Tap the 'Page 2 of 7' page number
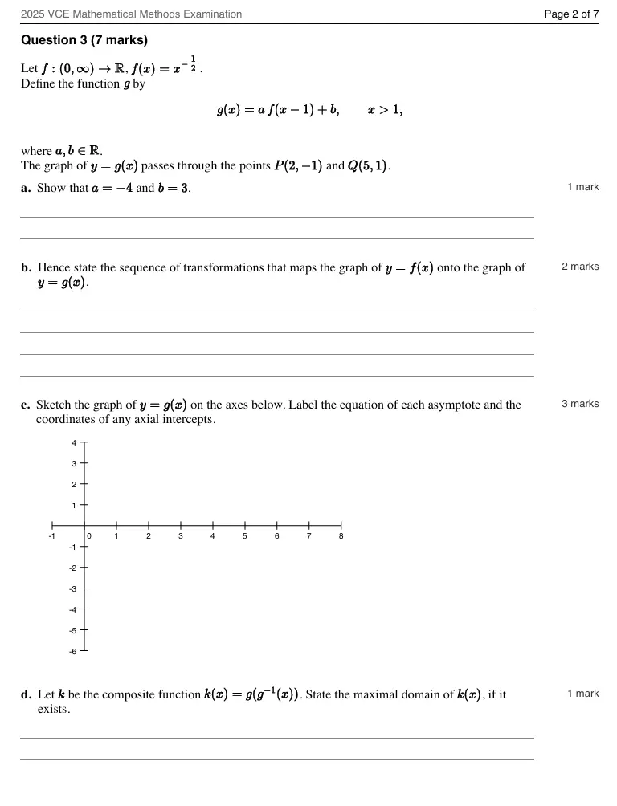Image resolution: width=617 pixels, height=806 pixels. coord(571,14)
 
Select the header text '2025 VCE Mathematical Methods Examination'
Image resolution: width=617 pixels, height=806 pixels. coord(131,14)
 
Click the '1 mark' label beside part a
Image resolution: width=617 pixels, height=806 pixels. coord(582,187)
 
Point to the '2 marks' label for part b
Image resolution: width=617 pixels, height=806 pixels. coord(580,267)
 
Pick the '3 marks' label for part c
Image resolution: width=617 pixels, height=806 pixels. coord(580,404)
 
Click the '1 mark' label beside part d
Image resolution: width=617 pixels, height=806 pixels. coord(582,694)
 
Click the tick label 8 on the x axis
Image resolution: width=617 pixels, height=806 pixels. coord(341,535)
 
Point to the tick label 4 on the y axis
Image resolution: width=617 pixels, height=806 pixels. coord(73,443)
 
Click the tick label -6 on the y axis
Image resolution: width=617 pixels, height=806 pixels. coord(72,652)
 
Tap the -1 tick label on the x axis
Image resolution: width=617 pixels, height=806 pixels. coord(52,535)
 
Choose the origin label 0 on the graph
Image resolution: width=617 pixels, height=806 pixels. coord(89,535)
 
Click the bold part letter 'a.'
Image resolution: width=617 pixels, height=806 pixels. coord(27,188)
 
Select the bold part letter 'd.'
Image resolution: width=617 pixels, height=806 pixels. coord(27,694)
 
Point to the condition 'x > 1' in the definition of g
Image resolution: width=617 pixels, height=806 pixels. coord(385,110)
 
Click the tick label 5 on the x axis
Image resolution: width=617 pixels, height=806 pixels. coord(244,535)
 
